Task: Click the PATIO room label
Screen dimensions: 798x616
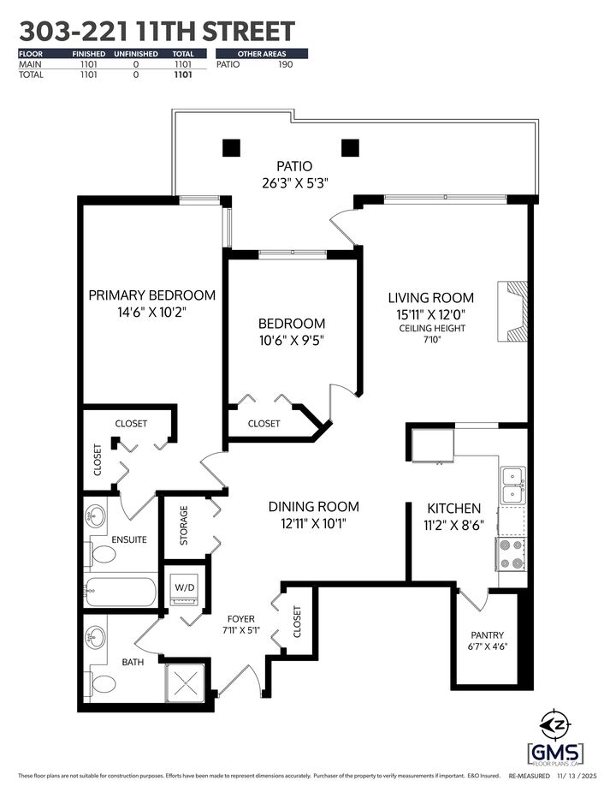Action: point(293,166)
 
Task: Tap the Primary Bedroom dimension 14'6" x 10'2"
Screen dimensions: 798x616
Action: point(151,313)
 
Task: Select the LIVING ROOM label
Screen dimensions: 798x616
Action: point(430,298)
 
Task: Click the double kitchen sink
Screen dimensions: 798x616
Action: point(513,485)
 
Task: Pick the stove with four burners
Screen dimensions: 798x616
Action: point(511,553)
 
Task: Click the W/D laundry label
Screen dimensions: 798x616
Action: point(185,587)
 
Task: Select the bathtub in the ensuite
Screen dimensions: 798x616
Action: point(121,592)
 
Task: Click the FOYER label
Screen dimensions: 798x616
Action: point(241,618)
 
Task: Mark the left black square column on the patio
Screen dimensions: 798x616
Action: point(231,148)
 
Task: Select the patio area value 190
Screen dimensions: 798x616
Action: point(286,64)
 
